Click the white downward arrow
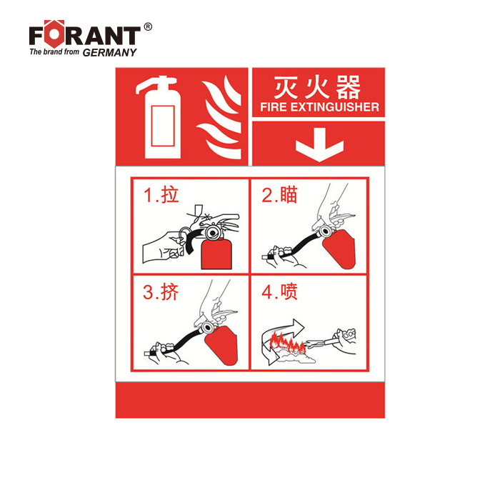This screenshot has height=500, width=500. (319, 144)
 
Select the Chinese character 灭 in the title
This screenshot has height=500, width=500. (286, 87)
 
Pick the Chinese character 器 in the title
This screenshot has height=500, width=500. (349, 87)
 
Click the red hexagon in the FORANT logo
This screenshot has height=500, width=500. (54, 34)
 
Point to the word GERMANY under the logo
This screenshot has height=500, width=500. (110, 53)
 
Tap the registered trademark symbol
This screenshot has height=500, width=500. (148, 27)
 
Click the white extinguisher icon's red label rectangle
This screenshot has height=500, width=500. (163, 126)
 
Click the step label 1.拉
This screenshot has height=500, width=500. (161, 195)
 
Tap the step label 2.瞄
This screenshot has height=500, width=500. (279, 195)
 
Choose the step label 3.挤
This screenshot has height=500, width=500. (161, 291)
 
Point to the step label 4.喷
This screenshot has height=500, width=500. (279, 291)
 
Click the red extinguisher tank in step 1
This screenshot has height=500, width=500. (216, 254)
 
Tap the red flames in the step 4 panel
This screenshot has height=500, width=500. (288, 343)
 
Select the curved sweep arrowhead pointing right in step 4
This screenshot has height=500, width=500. (298, 326)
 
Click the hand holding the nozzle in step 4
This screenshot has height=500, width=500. (344, 341)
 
